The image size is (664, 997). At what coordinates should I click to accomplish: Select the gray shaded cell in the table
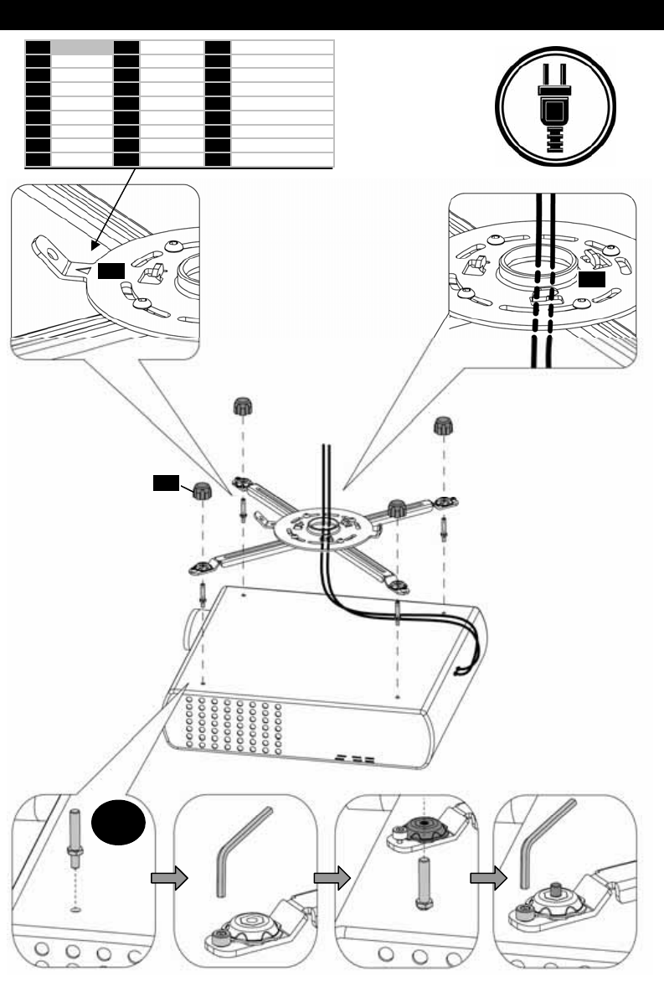click(x=82, y=47)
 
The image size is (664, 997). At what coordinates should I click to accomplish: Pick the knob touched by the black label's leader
click(x=201, y=493)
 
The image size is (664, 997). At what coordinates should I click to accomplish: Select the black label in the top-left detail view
click(x=110, y=271)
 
